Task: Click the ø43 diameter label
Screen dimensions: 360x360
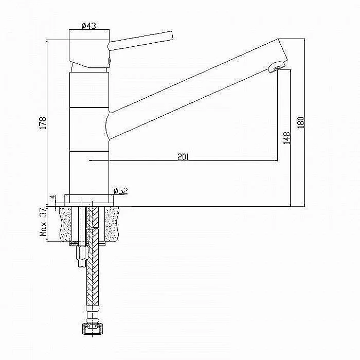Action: [89, 26]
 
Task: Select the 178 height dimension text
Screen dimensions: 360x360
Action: [43, 123]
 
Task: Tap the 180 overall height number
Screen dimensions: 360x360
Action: [300, 122]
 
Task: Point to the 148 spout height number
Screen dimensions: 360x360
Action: [287, 138]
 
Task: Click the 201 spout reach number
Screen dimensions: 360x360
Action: [183, 157]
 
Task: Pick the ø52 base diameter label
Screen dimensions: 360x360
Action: [121, 191]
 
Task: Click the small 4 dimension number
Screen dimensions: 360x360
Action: [53, 197]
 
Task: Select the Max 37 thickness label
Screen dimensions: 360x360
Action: [43, 222]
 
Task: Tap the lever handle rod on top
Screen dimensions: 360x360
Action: [140, 41]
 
